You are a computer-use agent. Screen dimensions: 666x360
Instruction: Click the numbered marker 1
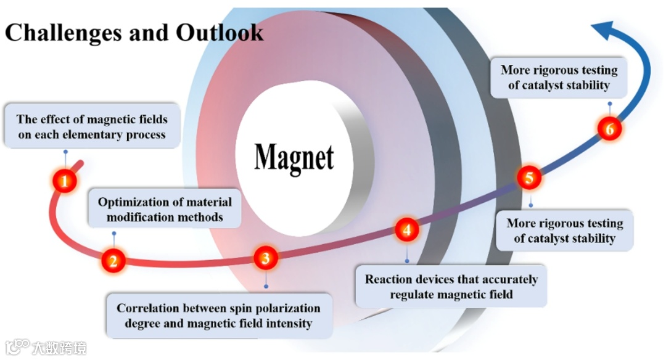[x=65, y=181]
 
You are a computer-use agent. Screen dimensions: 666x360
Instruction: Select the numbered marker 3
[x=265, y=258]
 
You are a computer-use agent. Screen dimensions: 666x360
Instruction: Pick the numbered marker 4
[x=406, y=230]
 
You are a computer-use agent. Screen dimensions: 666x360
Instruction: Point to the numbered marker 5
[x=528, y=178]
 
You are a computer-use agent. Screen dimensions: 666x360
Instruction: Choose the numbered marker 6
[x=609, y=129]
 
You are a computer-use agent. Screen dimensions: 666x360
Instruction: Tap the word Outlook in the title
[x=220, y=32]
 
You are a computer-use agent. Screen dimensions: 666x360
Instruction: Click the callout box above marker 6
[x=559, y=77]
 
